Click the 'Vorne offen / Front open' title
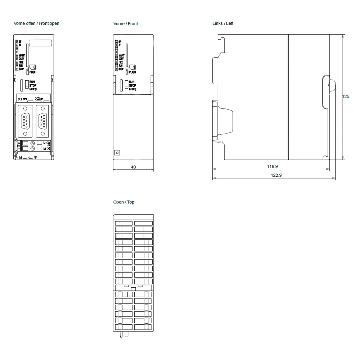36,23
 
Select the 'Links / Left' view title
223,23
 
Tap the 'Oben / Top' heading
124,202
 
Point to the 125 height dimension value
346,96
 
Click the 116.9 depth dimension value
272,167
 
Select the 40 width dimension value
133,167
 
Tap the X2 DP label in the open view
39,99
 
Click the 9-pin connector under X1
25,121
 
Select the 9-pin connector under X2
42,121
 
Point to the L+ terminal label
45,143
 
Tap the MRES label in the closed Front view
132,89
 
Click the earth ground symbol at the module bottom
35,158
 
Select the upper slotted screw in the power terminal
33,143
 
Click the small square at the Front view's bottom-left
117,153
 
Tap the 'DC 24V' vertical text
49,146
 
